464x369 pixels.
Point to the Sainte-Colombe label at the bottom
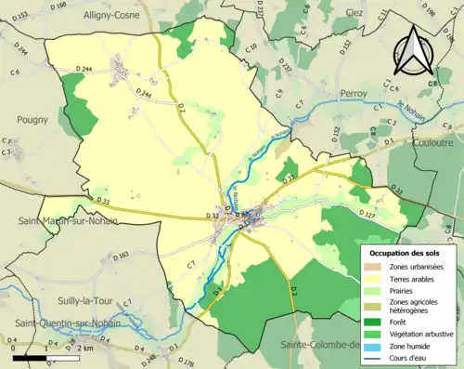click(x=316, y=346)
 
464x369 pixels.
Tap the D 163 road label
click(x=121, y=256)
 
